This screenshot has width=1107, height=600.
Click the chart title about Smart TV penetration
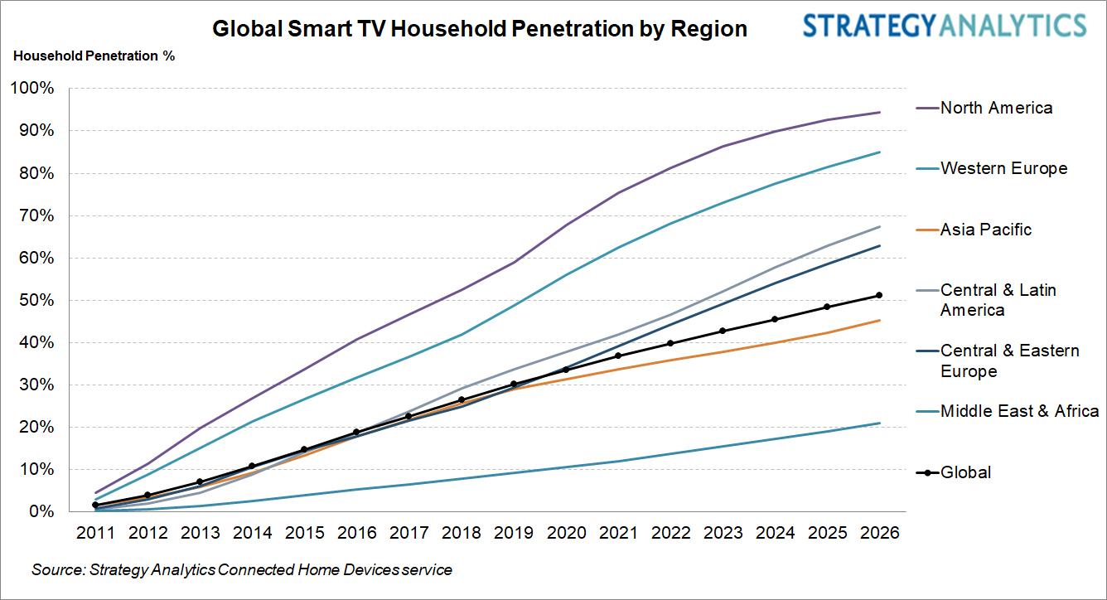tap(480, 29)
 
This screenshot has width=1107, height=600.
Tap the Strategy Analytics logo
tap(944, 26)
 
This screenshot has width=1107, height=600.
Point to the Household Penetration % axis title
tap(94, 56)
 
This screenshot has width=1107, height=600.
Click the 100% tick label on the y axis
tap(31, 89)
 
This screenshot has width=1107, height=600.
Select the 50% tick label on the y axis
tap(35, 301)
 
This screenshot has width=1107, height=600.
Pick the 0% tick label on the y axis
tap(39, 512)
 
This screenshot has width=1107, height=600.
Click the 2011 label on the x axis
tap(95, 533)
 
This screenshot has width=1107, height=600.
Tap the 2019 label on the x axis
tap(514, 533)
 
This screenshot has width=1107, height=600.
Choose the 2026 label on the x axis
tap(879, 533)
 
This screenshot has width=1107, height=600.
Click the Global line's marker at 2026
tap(879, 295)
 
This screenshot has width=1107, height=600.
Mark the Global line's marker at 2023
tap(723, 331)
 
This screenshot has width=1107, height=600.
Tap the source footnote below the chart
tap(242, 570)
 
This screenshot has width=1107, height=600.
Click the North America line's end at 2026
tap(879, 112)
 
